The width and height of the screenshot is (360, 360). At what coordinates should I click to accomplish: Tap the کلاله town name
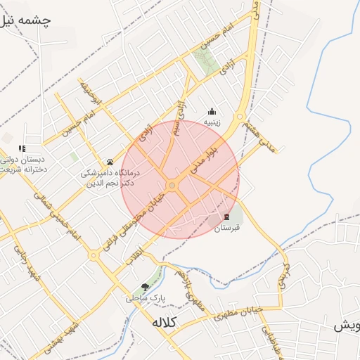[164, 323]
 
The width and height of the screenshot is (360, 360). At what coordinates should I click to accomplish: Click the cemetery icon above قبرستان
[227, 217]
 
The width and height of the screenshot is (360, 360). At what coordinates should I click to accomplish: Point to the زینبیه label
[212, 122]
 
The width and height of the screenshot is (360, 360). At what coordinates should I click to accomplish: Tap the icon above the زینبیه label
[212, 111]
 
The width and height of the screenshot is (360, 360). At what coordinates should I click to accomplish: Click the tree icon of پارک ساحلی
[145, 286]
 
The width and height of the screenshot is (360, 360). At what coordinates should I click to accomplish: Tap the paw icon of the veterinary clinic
[110, 162]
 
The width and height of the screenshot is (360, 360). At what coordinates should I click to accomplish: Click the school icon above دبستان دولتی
[22, 148]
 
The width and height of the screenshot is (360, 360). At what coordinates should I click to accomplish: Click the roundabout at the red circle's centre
[172, 186]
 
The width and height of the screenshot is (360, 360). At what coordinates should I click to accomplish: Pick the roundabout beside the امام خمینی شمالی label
[93, 255]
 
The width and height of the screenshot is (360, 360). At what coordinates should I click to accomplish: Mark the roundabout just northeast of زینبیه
[240, 116]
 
